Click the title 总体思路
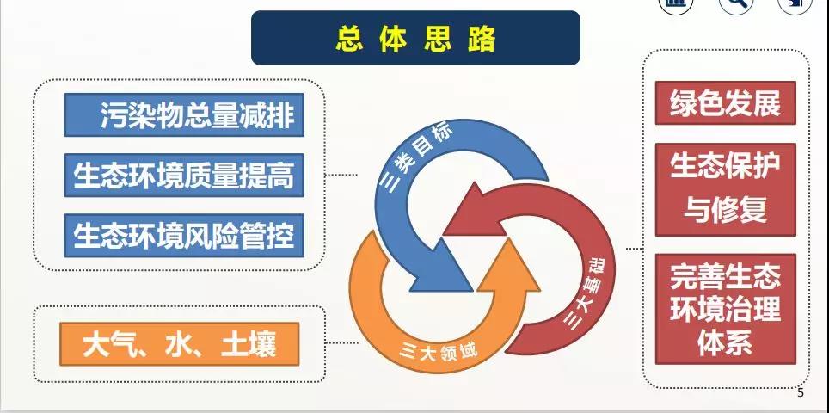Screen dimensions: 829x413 [x=415, y=38]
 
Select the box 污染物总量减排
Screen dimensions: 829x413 [x=184, y=114]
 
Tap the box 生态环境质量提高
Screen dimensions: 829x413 [x=184, y=175]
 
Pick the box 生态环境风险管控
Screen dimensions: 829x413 [x=184, y=235]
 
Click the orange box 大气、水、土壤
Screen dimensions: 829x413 [x=179, y=344]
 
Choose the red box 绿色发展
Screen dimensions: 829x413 [x=726, y=102]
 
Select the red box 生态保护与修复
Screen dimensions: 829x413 [x=726, y=189]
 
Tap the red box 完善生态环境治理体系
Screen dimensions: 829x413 [x=726, y=309]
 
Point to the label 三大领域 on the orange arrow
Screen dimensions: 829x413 [x=439, y=350]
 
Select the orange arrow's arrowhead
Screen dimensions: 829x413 [x=508, y=264]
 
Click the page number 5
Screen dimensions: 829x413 [x=800, y=392]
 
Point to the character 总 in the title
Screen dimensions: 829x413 [x=349, y=39]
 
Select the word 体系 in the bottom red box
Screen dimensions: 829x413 [x=726, y=343]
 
